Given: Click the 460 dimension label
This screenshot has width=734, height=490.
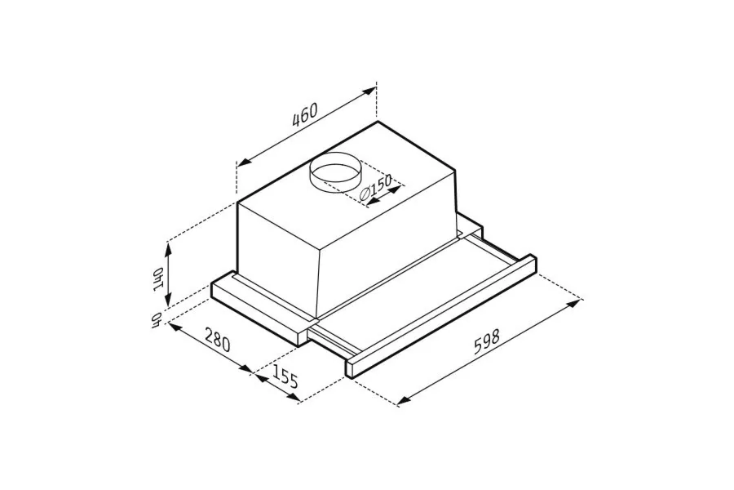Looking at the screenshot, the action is coord(304,114).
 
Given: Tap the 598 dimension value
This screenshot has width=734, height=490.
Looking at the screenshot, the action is coord(487,342).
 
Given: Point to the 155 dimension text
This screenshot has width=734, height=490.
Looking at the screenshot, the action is coord(285,376).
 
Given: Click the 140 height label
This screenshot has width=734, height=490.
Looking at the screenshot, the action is coord(158,279).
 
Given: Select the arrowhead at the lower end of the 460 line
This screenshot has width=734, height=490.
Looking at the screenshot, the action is coord(245,163).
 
